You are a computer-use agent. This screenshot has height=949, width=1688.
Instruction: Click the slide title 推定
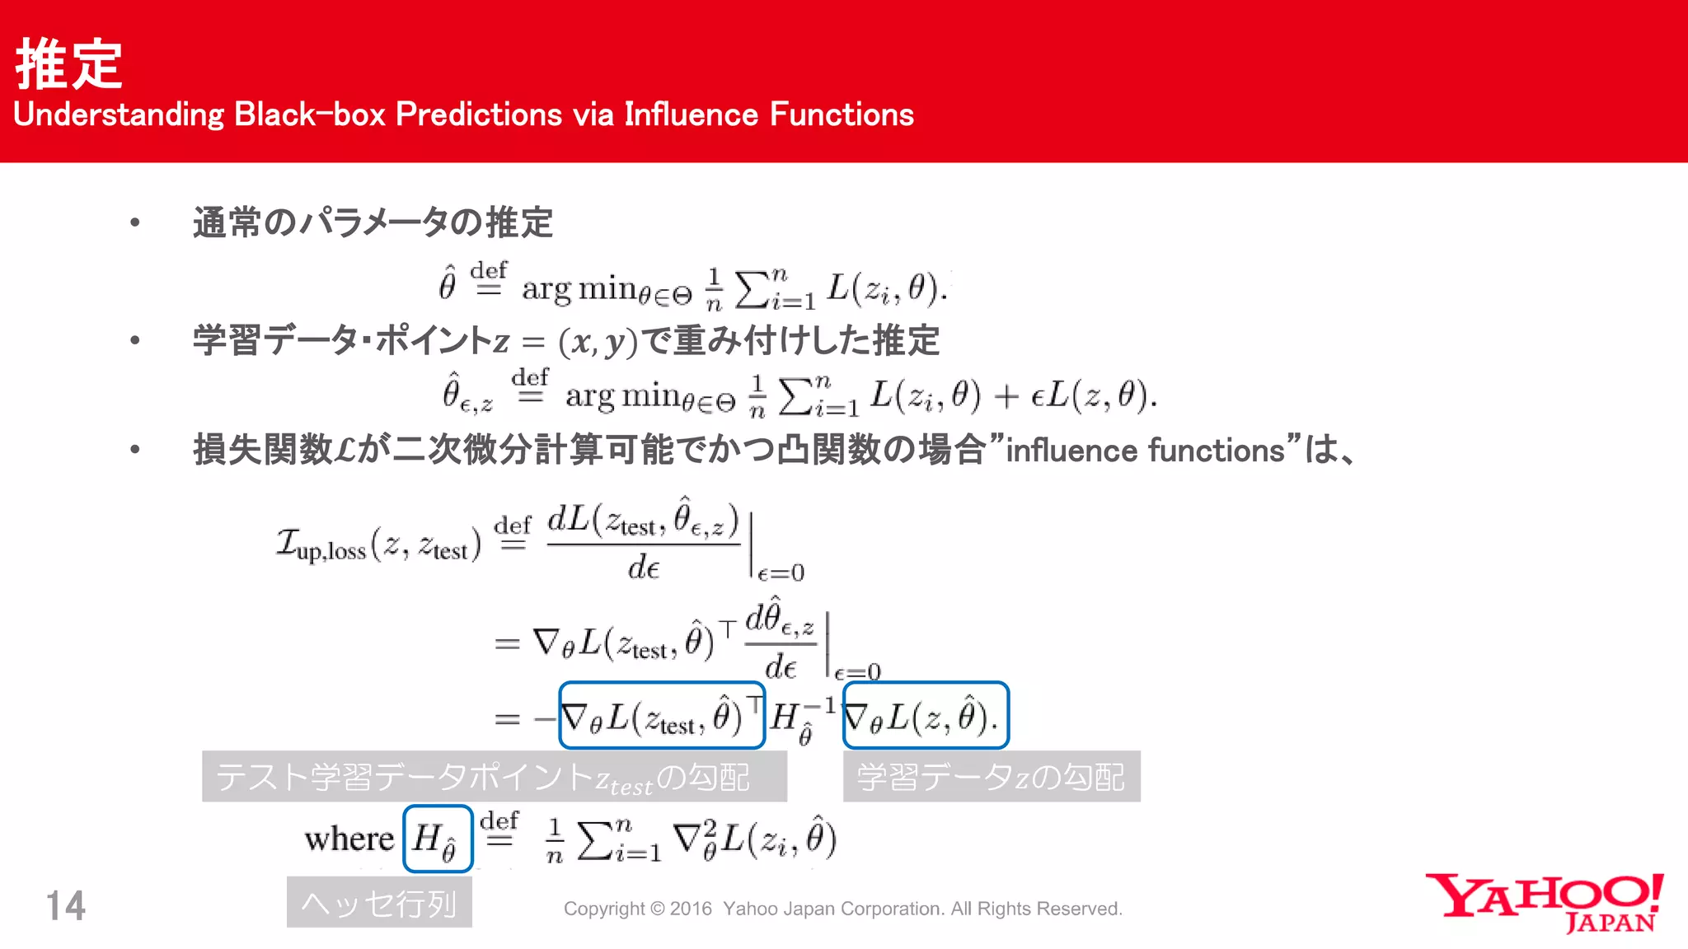(69, 64)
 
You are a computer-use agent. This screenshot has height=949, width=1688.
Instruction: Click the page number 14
(65, 906)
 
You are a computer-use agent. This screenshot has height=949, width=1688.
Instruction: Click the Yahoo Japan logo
(1545, 902)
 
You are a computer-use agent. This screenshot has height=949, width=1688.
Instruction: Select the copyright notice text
(842, 909)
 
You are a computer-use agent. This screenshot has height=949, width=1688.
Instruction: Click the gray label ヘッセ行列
(379, 903)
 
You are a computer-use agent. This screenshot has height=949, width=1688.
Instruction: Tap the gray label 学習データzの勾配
(991, 777)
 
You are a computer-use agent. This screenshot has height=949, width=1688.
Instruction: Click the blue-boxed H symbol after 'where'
(437, 839)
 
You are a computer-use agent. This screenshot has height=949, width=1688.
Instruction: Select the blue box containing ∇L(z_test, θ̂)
(662, 715)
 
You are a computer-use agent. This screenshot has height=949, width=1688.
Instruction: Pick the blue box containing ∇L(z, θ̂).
(926, 715)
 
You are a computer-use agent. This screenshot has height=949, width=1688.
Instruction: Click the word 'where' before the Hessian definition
(349, 839)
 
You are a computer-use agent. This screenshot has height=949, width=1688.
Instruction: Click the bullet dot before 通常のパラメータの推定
(135, 222)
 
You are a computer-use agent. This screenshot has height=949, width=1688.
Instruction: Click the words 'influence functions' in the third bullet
(1146, 451)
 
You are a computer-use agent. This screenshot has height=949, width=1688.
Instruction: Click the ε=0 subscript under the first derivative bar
(781, 573)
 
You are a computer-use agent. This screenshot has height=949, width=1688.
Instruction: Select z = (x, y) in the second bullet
(565, 341)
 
